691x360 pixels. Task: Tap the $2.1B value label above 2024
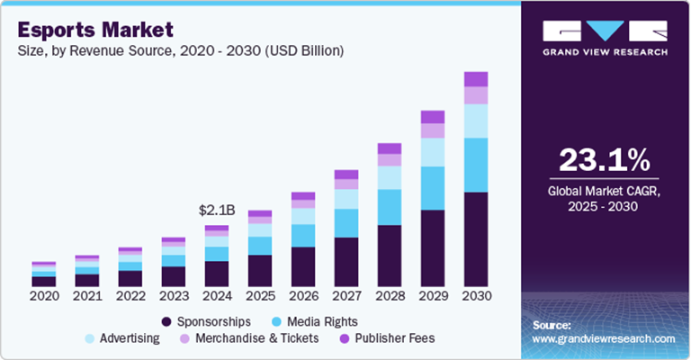click(x=217, y=210)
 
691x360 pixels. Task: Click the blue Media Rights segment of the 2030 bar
click(x=476, y=165)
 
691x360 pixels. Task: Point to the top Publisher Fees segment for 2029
click(x=433, y=117)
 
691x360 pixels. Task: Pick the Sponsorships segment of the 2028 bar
click(x=390, y=256)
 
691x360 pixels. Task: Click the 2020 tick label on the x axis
click(x=43, y=296)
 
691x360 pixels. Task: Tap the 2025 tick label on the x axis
click(x=260, y=296)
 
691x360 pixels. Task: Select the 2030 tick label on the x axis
click(x=476, y=296)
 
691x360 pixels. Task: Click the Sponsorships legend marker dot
click(x=166, y=321)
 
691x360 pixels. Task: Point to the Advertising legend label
click(x=130, y=339)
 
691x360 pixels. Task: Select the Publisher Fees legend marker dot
click(x=345, y=339)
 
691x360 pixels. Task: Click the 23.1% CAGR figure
click(x=604, y=160)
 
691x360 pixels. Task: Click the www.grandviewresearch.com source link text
click(x=604, y=338)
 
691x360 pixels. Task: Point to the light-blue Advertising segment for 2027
click(x=346, y=199)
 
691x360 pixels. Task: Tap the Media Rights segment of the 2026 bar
click(x=303, y=235)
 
